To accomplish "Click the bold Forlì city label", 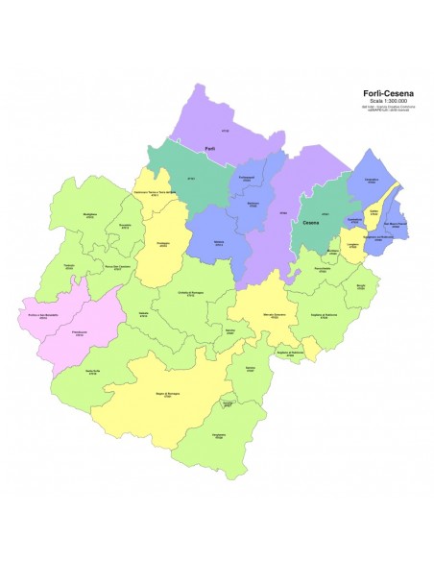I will [x=209, y=148].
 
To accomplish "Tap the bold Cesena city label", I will [x=310, y=222].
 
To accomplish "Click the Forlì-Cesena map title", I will [x=388, y=93].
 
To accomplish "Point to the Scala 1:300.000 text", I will [x=388, y=101].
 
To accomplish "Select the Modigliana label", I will [x=90, y=212].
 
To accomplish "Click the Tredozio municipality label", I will [x=68, y=265].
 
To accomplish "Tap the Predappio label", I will [x=163, y=244].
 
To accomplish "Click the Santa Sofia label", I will [x=92, y=373].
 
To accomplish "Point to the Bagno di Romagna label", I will [x=167, y=396].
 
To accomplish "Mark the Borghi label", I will [x=360, y=285].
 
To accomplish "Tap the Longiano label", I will [x=352, y=246].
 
